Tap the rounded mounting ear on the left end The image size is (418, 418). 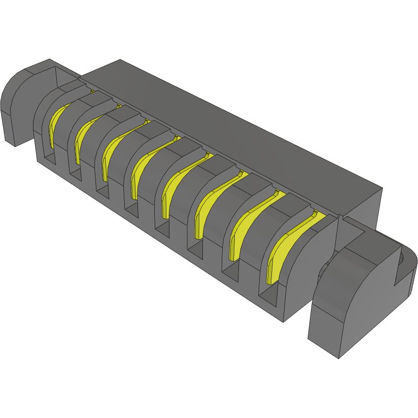click(x=23, y=101)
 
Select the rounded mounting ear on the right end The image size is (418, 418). click(x=355, y=294)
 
